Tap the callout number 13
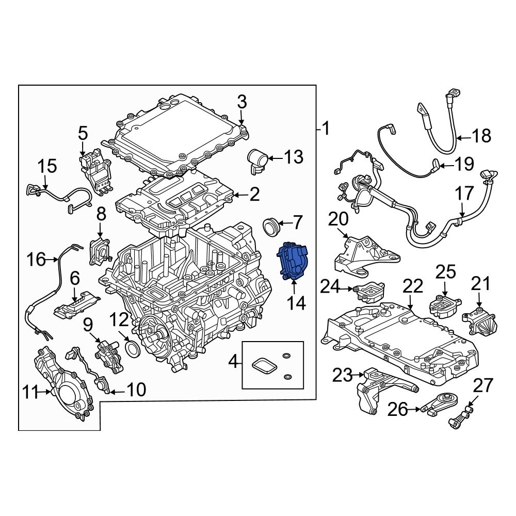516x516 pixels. (x=294, y=157)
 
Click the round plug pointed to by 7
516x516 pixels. (x=271, y=227)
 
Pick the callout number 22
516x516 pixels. (x=413, y=286)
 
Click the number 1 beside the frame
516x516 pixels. (x=326, y=128)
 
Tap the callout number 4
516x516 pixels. (x=233, y=362)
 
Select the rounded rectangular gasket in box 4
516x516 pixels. (x=264, y=365)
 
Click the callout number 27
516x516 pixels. (x=483, y=385)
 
